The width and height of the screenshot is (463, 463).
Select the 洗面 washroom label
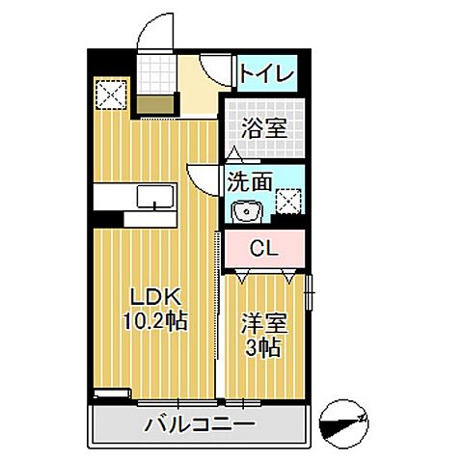tap(250, 179)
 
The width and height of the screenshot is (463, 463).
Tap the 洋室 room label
tap(261, 324)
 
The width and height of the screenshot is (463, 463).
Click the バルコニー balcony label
tap(201, 425)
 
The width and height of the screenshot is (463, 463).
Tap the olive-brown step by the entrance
tap(155, 104)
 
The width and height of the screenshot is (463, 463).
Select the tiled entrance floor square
tap(155, 72)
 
